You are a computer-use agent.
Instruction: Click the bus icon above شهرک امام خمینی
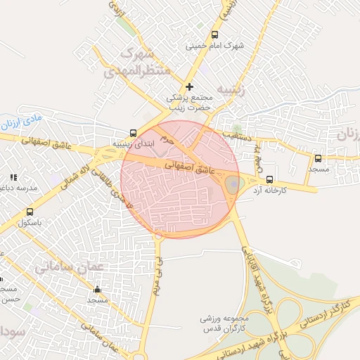click(x=214, y=34)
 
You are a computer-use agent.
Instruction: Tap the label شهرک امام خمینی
click(x=214, y=46)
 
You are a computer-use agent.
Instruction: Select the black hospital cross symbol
click(x=189, y=86)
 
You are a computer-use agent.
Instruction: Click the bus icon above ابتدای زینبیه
click(x=134, y=132)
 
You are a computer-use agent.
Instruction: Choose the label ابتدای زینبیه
click(x=132, y=143)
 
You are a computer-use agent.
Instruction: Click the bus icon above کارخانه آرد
click(x=270, y=179)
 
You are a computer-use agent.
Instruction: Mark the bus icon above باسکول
click(x=30, y=212)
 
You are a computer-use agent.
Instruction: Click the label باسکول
click(x=30, y=222)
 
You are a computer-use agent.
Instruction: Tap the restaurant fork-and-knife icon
click(x=13, y=178)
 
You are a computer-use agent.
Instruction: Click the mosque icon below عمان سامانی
click(x=97, y=289)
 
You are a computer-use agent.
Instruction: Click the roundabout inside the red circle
click(x=233, y=185)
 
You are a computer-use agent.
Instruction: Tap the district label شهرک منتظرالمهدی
click(x=138, y=62)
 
